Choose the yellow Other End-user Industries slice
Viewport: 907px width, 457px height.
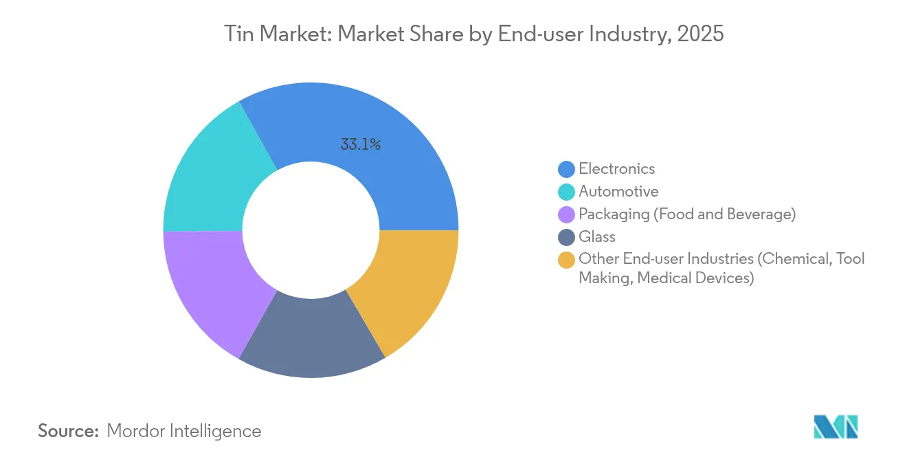coord(412,289)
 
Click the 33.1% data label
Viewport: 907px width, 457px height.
coord(360,145)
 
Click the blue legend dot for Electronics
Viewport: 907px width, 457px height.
coord(567,169)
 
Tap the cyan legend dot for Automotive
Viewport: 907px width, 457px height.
coord(567,192)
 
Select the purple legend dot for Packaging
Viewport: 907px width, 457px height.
coord(567,214)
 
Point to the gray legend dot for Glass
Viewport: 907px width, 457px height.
coord(567,237)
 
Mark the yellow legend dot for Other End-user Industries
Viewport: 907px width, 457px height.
coord(567,260)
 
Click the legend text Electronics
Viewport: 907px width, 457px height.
coord(616,169)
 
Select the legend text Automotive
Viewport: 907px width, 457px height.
coord(618,192)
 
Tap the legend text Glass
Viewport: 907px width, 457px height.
coord(597,237)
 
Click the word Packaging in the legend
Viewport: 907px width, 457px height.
coord(613,214)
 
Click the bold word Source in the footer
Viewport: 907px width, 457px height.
coord(69,431)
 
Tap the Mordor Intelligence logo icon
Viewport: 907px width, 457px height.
coord(836,427)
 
